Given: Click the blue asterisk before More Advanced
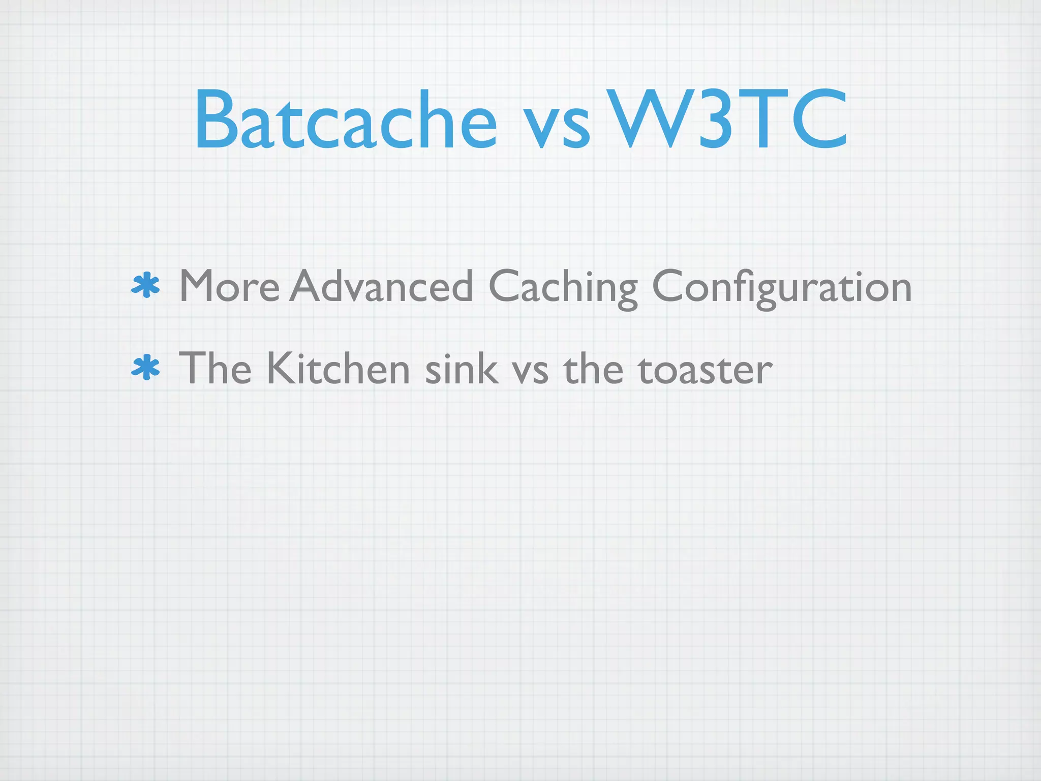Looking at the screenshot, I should coord(146,286).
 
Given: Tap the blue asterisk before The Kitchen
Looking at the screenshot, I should coord(146,368).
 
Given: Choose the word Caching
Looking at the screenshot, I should coord(563,288).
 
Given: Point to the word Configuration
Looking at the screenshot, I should coord(782,288).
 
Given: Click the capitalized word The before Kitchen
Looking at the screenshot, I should coord(215,368).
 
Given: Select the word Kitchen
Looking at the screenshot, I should coord(338,368).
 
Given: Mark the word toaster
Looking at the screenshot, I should coord(705,370).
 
